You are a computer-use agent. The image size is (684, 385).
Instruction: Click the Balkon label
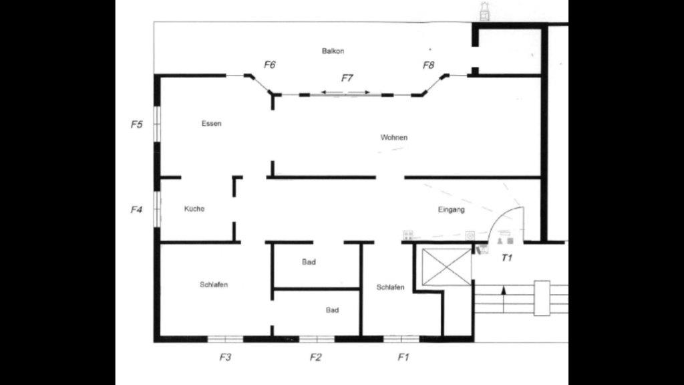pyautogui.click(x=332, y=51)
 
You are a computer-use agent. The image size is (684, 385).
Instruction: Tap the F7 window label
pyautogui.click(x=347, y=78)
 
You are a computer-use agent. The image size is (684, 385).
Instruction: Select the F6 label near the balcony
pyautogui.click(x=270, y=65)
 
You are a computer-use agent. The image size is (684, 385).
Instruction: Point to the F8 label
pyautogui.click(x=428, y=65)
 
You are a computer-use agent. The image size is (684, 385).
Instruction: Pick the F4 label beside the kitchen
pyautogui.click(x=136, y=209)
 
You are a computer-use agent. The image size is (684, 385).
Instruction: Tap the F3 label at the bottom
pyautogui.click(x=226, y=357)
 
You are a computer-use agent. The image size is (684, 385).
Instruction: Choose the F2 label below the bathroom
pyautogui.click(x=315, y=357)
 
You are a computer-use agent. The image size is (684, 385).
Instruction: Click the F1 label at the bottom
pyautogui.click(x=403, y=357)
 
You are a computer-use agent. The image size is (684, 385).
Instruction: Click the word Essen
pyautogui.click(x=211, y=124)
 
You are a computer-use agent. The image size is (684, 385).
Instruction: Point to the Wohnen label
pyautogui.click(x=394, y=137)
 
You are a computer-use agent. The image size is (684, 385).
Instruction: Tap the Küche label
pyautogui.click(x=194, y=209)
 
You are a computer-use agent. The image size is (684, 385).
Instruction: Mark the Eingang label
pyautogui.click(x=452, y=209)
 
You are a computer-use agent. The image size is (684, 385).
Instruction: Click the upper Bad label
pyautogui.click(x=309, y=262)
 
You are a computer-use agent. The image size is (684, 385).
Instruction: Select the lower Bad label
pyautogui.click(x=332, y=310)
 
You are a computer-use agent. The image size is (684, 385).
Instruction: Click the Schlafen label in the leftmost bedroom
pyautogui.click(x=214, y=285)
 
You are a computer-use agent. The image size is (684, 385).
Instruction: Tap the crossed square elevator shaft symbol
pyautogui.click(x=447, y=267)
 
